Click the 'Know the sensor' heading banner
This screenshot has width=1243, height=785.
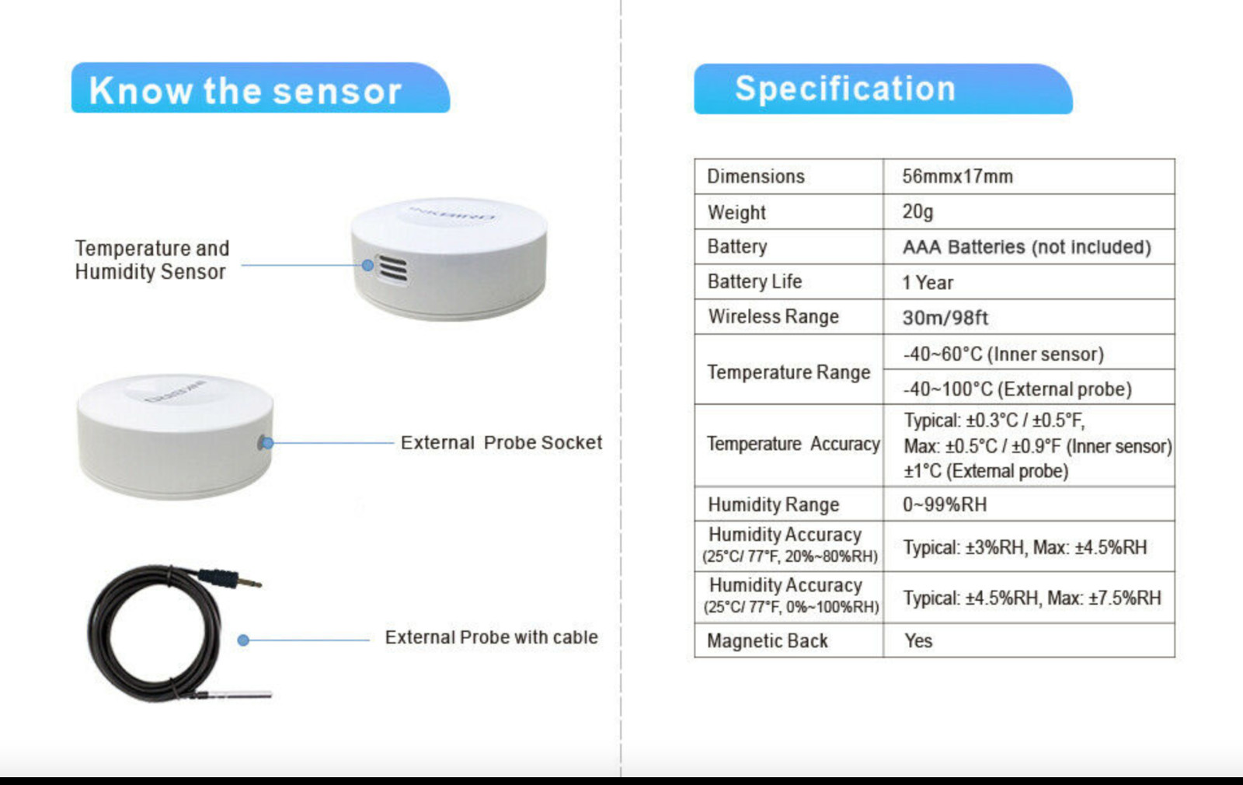[259, 89]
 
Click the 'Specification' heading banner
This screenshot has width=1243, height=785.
[883, 89]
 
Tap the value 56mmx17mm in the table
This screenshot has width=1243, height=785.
[957, 176]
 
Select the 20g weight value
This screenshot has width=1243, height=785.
[917, 211]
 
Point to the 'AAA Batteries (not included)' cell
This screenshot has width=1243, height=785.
[1026, 247]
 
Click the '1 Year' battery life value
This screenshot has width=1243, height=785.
[928, 282]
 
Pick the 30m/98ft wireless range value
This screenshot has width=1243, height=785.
[945, 317]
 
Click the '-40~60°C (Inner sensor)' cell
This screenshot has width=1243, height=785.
[1003, 354]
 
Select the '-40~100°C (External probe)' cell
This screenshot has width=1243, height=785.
[1017, 389]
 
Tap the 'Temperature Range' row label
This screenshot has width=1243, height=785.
[788, 372]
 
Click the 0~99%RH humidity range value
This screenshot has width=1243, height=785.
[944, 504]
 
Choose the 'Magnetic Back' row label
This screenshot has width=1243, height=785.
[767, 640]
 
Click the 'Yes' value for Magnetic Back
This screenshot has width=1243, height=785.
[917, 640]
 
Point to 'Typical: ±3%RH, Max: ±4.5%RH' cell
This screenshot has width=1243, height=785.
[1025, 547]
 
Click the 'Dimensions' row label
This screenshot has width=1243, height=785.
[755, 176]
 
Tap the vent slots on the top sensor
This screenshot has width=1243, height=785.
[392, 269]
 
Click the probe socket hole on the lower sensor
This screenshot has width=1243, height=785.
[263, 443]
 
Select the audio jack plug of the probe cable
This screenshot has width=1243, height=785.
[233, 579]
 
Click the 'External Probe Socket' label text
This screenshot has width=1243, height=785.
[501, 443]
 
